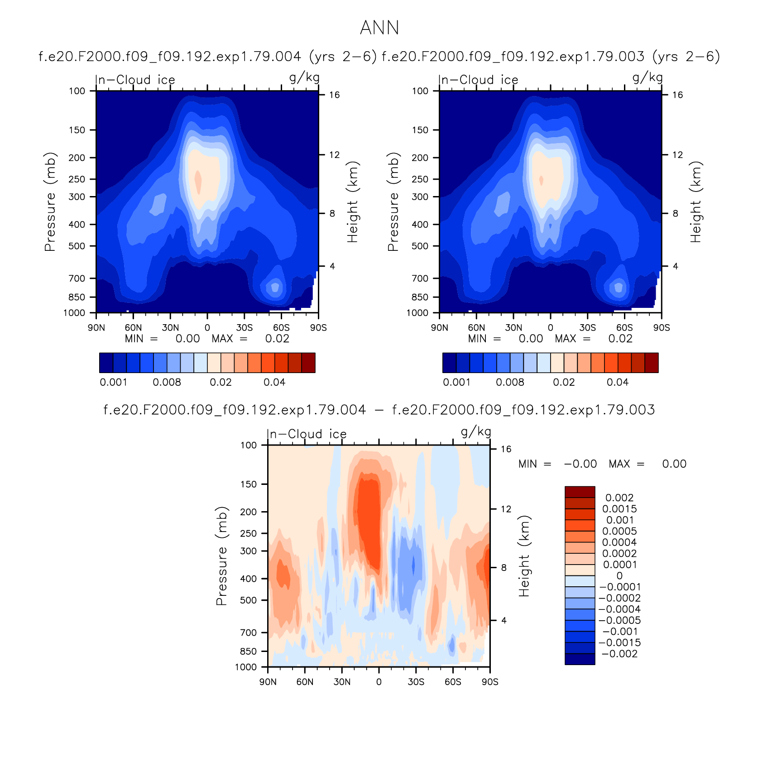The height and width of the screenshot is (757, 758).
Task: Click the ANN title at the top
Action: click(379, 28)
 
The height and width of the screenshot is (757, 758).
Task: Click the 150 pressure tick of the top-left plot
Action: click(77, 130)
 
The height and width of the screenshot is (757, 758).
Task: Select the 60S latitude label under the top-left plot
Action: click(281, 327)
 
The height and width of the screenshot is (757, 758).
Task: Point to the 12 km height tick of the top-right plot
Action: click(677, 155)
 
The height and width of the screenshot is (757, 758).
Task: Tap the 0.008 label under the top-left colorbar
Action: click(167, 382)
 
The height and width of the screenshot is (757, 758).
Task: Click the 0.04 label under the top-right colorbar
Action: click(618, 382)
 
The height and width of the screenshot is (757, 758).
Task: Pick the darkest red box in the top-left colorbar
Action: click(308, 363)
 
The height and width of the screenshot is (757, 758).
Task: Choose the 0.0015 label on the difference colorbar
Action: click(619, 509)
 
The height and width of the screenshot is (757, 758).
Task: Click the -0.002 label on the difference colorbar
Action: click(619, 654)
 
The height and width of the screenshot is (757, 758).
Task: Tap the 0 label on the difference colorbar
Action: click(619, 576)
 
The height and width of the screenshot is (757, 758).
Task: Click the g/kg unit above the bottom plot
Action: click(476, 432)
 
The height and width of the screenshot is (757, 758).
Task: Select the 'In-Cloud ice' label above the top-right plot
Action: click(478, 80)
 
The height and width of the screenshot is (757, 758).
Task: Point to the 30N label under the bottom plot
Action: click(342, 682)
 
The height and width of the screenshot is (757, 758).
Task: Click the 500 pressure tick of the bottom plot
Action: click(248, 600)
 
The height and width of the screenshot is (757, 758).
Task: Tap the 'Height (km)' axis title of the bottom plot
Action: click(523, 556)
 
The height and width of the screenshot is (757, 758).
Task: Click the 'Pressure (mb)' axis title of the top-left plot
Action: click(50, 202)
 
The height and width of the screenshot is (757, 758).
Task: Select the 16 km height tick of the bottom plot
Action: click(506, 449)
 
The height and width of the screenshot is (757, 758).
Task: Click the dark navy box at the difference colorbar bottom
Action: click(580, 659)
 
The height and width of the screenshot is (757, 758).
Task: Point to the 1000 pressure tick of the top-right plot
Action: click(417, 313)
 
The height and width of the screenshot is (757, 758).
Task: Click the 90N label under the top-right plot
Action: click(439, 327)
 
